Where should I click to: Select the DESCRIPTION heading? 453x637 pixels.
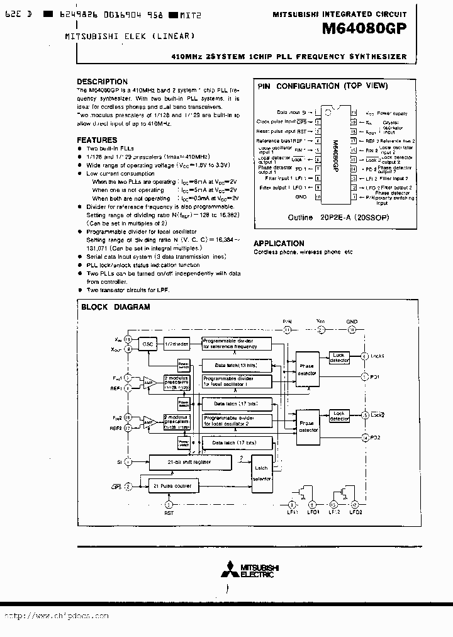click(102, 82)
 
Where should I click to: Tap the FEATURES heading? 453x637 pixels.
click(97, 140)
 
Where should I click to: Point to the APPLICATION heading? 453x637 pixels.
click(279, 243)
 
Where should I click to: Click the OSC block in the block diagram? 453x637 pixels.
click(148, 344)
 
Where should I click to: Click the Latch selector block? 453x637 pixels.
click(261, 473)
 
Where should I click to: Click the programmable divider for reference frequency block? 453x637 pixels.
click(237, 344)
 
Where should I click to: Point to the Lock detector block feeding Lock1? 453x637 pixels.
click(340, 357)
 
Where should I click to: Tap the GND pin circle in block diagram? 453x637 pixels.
click(352, 329)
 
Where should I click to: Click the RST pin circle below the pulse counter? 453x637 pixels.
click(168, 505)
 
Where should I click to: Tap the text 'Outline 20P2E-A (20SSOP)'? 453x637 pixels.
click(320, 217)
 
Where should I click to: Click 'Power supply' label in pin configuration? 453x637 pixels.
click(395, 114)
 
